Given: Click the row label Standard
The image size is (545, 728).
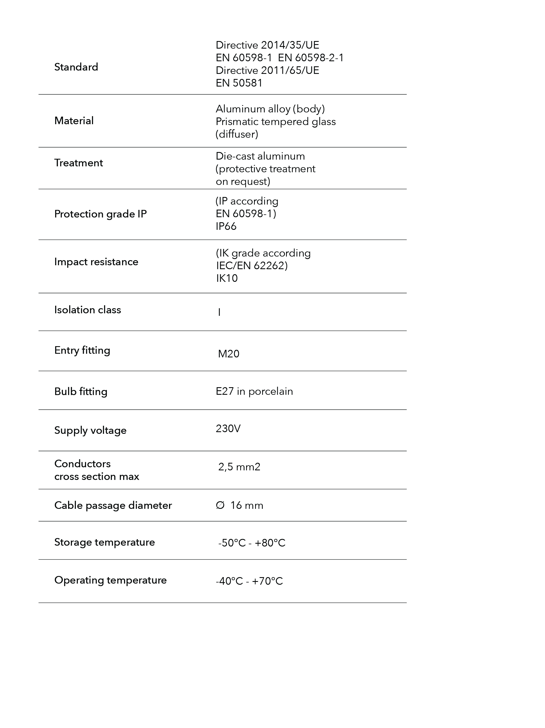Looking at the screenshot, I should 76,67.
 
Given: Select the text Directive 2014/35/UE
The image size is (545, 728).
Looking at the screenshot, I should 267,45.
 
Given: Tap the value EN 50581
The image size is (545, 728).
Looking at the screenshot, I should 239,83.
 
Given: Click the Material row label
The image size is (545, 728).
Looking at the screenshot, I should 74,121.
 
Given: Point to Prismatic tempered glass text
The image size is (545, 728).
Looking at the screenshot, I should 276,122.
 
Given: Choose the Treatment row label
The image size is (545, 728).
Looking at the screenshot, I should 78,163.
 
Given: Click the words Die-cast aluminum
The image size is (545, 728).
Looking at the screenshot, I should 260,156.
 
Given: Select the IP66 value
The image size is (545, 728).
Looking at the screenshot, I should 226,226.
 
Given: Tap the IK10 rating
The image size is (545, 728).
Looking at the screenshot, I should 227,278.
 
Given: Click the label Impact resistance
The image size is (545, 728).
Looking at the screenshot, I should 96,262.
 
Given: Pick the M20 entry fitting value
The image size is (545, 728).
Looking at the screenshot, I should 229,354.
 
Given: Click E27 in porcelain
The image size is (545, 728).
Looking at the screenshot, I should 254,391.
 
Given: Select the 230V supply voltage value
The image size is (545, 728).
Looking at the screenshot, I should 228,428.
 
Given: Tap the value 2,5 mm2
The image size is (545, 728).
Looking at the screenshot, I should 239,467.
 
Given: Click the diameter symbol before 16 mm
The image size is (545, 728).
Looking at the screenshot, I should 220,505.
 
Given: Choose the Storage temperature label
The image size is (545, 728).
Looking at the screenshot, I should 104,542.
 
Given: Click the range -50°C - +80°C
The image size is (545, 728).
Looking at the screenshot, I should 252,543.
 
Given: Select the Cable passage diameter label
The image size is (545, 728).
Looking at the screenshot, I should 113,505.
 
